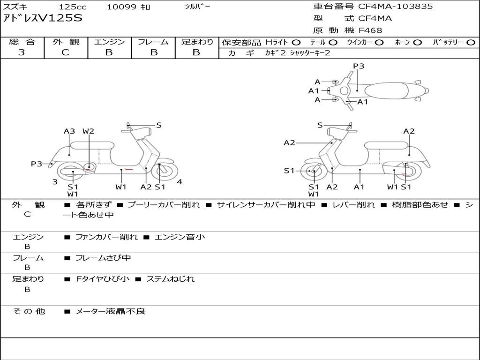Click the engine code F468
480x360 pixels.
tap(370, 30)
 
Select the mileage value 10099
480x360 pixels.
tap(121, 7)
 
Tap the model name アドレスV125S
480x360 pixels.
tap(43, 18)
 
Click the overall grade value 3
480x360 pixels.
tap(22, 52)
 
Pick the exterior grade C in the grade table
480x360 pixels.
tap(66, 52)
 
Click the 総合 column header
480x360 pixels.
tap(22, 42)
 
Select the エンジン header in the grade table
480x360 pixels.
tap(110, 42)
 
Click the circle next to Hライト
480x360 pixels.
tap(296, 43)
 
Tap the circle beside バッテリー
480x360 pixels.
tap(471, 43)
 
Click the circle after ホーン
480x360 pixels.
tap(417, 43)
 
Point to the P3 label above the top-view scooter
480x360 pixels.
tap(359, 66)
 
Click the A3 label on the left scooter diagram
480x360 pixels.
tap(69, 131)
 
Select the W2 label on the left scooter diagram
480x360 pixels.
tap(89, 131)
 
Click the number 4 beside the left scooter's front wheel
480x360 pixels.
tap(180, 182)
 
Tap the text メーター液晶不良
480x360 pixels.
tap(111, 311)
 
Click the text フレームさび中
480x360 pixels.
tap(103, 258)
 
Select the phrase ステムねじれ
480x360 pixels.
tap(171, 279)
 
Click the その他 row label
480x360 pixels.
tap(29, 311)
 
